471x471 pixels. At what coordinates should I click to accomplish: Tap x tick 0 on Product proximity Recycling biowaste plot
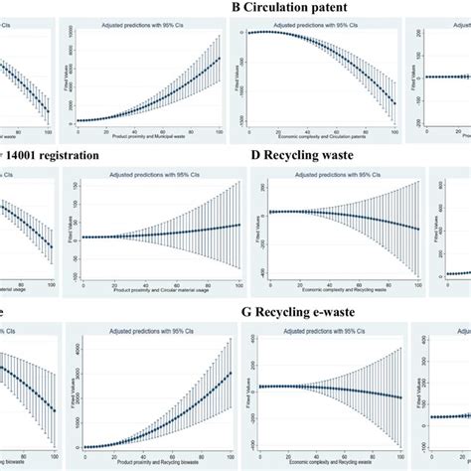point(82,454)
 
